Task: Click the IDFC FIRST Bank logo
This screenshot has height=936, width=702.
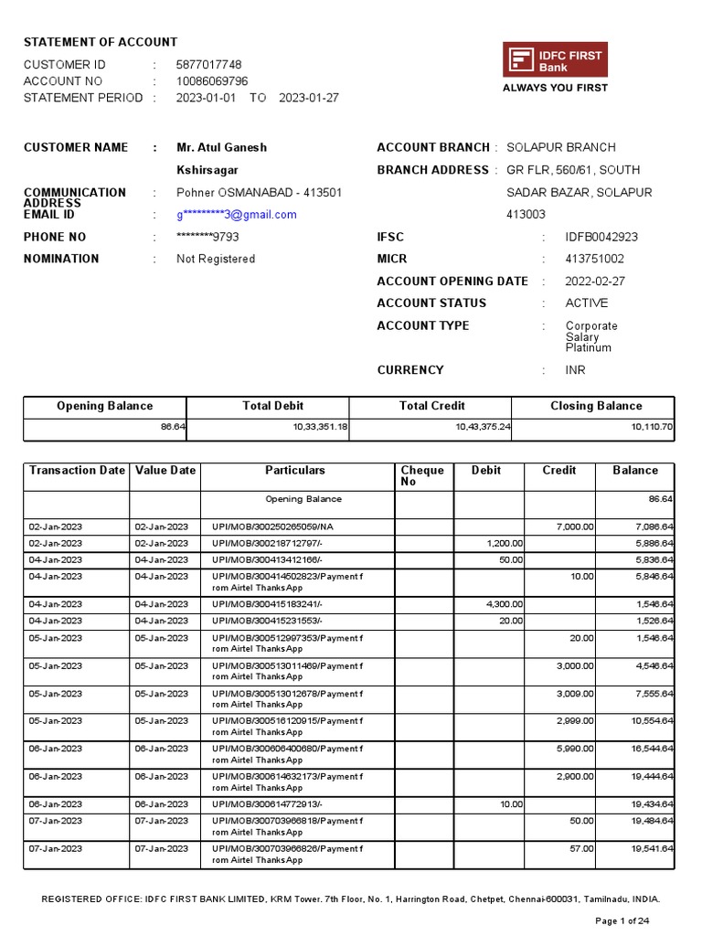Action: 555,60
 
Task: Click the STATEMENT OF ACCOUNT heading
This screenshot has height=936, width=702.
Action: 101,42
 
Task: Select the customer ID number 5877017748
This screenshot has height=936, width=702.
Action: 208,65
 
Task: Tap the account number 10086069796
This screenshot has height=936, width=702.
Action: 212,81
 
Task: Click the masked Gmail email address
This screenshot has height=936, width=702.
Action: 237,215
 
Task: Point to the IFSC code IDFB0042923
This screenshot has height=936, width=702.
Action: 601,237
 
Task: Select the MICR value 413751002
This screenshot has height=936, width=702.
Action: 595,259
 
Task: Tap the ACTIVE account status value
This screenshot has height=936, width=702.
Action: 586,303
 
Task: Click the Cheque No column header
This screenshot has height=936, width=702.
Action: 422,475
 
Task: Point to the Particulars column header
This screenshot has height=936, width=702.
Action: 295,471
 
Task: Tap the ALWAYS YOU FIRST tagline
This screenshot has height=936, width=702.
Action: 555,89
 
